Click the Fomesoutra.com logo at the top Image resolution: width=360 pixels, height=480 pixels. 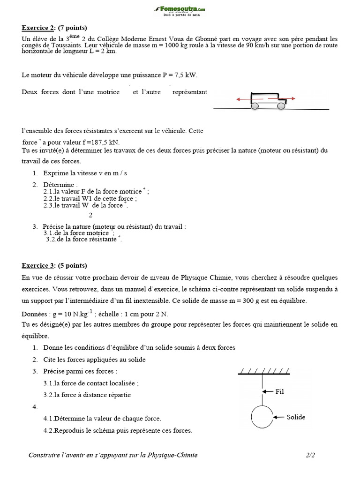click(x=180, y=10)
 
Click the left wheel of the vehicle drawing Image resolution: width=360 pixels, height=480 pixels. click(x=255, y=106)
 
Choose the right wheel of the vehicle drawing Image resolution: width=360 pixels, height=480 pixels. click(x=281, y=106)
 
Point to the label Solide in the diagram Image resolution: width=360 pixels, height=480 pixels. click(x=296, y=417)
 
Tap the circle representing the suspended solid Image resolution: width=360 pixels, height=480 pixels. click(x=261, y=416)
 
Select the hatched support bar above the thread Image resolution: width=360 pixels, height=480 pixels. click(x=264, y=372)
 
